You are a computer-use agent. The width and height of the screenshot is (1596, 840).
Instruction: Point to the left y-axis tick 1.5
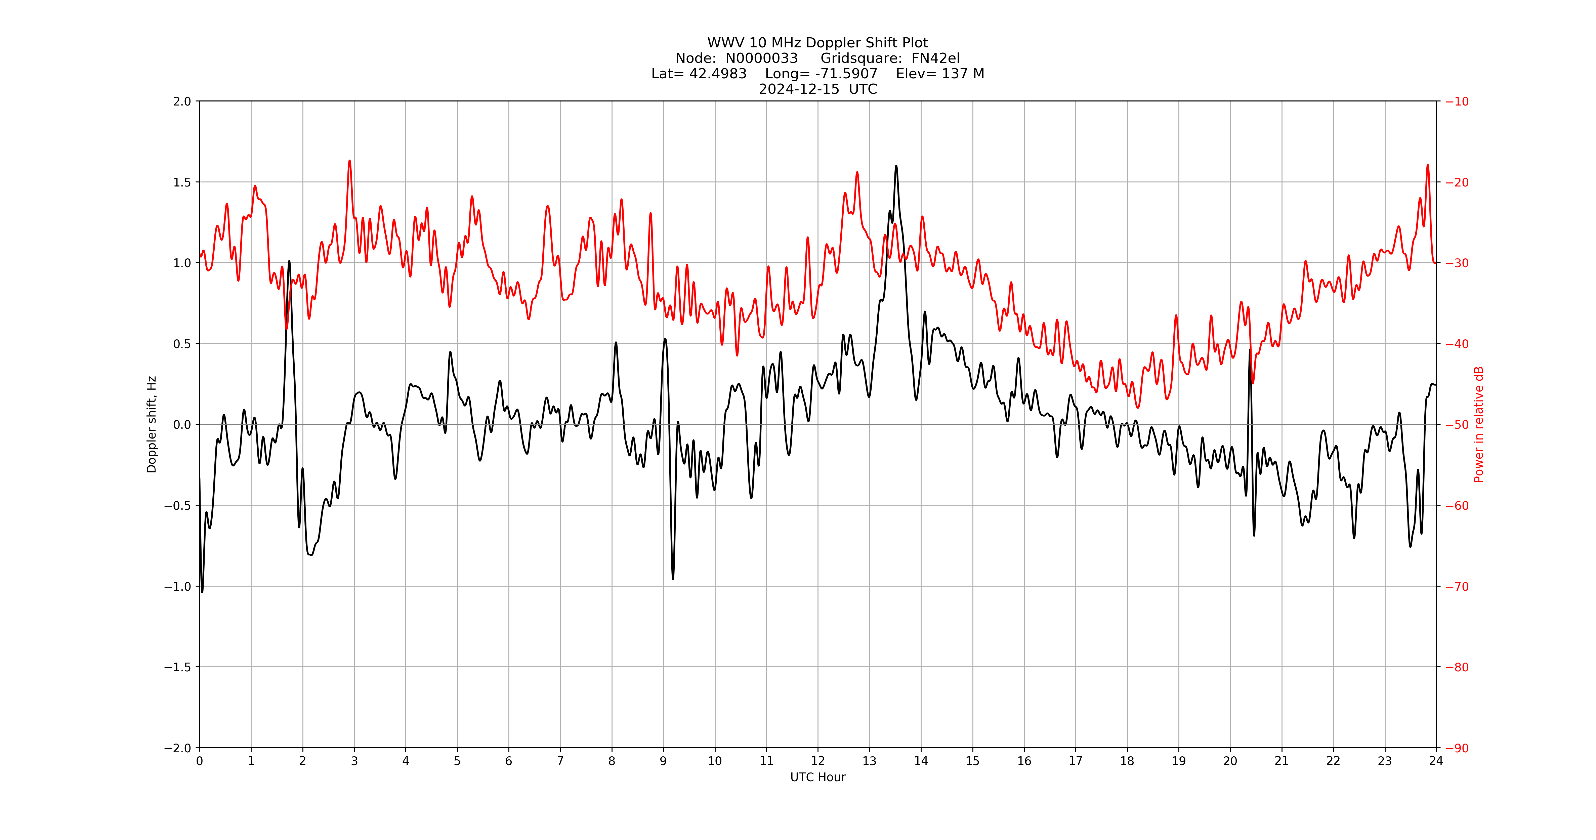[x=182, y=182]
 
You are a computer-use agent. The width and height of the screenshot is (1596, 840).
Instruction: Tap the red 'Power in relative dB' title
[x=1479, y=424]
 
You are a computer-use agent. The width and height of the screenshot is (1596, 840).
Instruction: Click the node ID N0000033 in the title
[x=761, y=58]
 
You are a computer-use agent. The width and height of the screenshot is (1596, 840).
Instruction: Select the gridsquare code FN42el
[x=935, y=58]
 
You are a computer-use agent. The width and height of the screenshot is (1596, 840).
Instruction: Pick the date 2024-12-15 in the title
[x=799, y=89]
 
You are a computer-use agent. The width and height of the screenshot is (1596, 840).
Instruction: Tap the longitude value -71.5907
[x=846, y=74]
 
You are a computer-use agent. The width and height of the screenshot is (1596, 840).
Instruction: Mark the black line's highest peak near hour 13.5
[x=896, y=166]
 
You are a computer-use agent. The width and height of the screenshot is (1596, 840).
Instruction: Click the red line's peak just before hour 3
[x=349, y=161]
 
